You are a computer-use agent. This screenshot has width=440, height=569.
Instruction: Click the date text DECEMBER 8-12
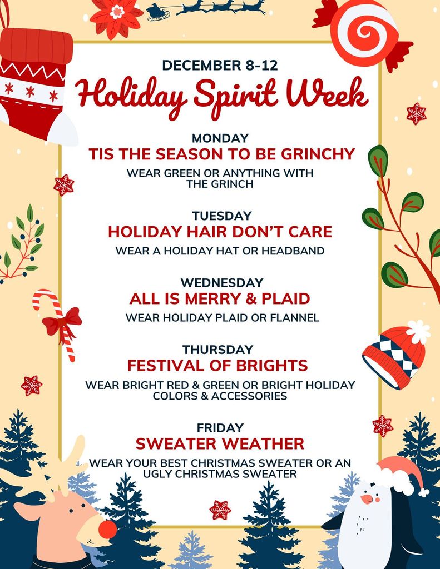(220, 65)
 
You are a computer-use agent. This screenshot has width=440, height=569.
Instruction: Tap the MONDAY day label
(220, 138)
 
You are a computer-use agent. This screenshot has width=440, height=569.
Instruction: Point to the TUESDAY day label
(222, 216)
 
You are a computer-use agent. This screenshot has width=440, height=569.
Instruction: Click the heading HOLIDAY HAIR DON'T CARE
(220, 231)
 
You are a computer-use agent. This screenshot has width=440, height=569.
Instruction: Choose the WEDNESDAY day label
(221, 283)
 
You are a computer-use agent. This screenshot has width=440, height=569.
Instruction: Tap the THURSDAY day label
(217, 350)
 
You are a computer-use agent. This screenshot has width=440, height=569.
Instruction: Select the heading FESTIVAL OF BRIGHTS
(217, 365)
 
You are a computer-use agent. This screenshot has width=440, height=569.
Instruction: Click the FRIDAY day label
(220, 428)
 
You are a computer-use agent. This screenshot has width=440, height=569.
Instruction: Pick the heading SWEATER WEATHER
(220, 443)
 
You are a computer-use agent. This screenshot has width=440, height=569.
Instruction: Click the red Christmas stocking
(34, 81)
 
